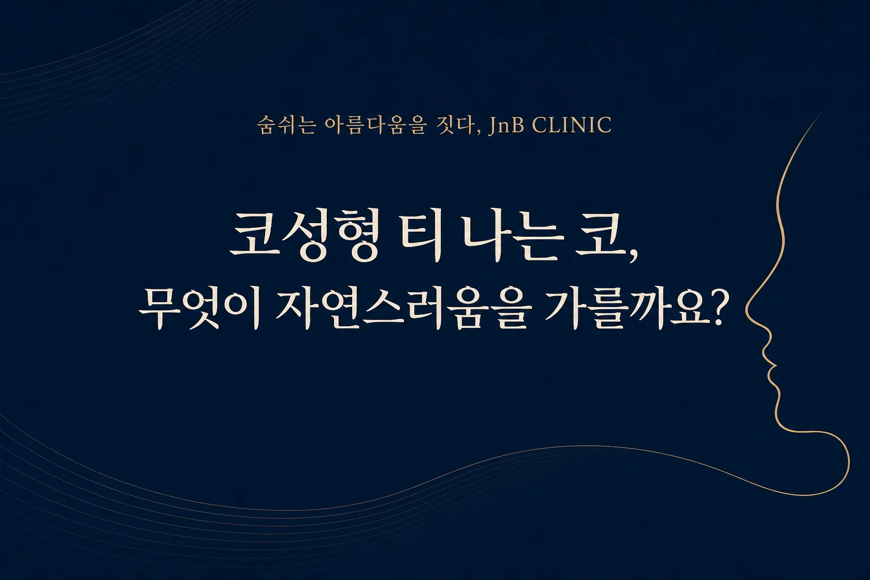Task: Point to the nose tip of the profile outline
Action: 747,311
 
